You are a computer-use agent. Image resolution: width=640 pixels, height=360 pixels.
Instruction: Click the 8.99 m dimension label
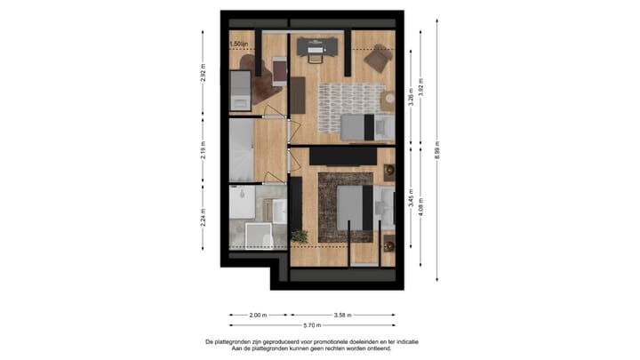437,148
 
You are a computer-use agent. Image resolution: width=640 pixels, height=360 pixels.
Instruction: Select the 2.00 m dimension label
256,315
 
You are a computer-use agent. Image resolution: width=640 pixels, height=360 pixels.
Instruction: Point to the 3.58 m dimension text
343,315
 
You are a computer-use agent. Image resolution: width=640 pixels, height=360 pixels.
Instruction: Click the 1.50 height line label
238,44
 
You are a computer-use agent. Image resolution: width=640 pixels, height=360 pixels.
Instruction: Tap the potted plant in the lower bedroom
299,236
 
